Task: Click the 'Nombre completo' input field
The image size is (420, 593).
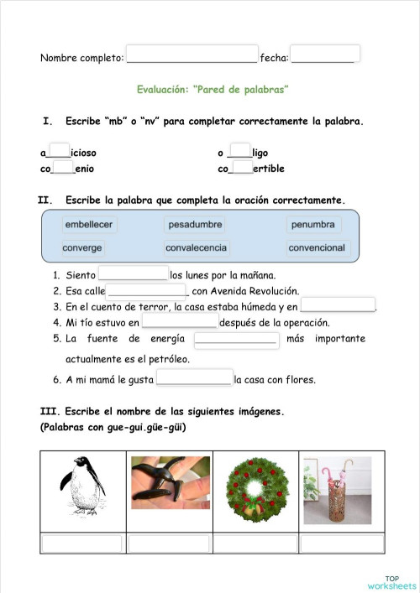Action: tap(192, 55)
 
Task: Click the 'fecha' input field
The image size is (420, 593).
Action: tap(325, 55)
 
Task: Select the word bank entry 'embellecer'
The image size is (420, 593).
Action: tap(88, 225)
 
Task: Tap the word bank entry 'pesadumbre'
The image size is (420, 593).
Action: tap(195, 225)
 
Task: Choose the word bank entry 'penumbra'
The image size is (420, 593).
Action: tap(312, 225)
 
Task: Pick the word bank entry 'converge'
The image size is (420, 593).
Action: tap(82, 248)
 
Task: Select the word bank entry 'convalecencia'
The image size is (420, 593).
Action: tap(196, 248)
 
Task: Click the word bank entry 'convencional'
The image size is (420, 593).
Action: tap(317, 248)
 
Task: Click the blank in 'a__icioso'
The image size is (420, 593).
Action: tap(60, 152)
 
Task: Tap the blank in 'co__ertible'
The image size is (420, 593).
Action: tap(242, 168)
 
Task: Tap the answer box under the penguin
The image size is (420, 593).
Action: tap(82, 544)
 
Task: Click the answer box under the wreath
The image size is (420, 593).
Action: tap(255, 544)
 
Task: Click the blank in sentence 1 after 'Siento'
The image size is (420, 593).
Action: tap(134, 273)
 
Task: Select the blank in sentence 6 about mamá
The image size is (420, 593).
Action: tap(194, 378)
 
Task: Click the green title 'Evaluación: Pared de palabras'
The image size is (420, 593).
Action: tap(213, 89)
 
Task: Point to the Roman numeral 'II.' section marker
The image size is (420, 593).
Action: tap(46, 200)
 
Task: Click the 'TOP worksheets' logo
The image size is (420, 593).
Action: tap(391, 581)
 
